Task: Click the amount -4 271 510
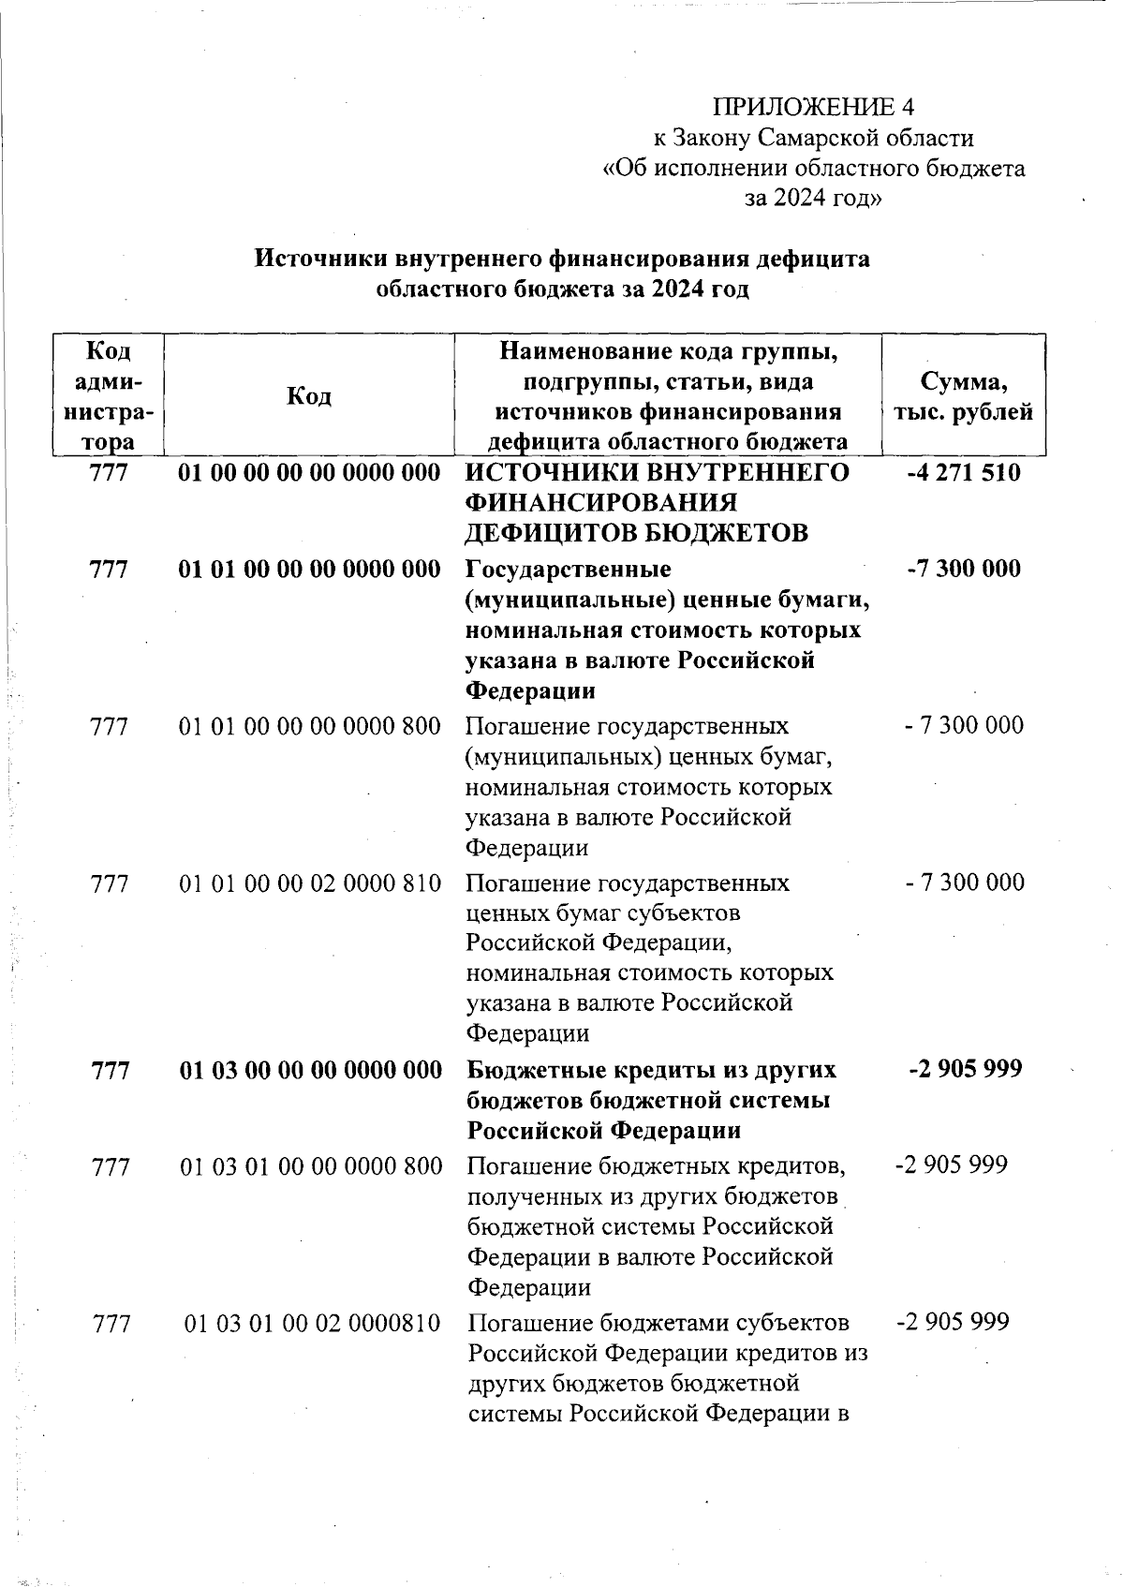(x=964, y=472)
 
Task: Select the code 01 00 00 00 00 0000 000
(x=309, y=472)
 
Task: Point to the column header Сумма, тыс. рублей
(x=964, y=396)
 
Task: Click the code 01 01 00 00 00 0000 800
(x=310, y=726)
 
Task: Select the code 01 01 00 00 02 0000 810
(x=310, y=883)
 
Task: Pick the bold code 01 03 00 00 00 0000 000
(x=310, y=1070)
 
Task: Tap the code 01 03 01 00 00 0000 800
(x=310, y=1166)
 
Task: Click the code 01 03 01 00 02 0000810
(x=312, y=1323)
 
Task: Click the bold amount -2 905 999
(x=965, y=1069)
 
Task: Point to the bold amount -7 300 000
(x=964, y=569)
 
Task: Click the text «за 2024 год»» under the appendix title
(x=812, y=199)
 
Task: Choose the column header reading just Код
(x=309, y=396)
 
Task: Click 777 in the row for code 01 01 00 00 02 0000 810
(x=110, y=883)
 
